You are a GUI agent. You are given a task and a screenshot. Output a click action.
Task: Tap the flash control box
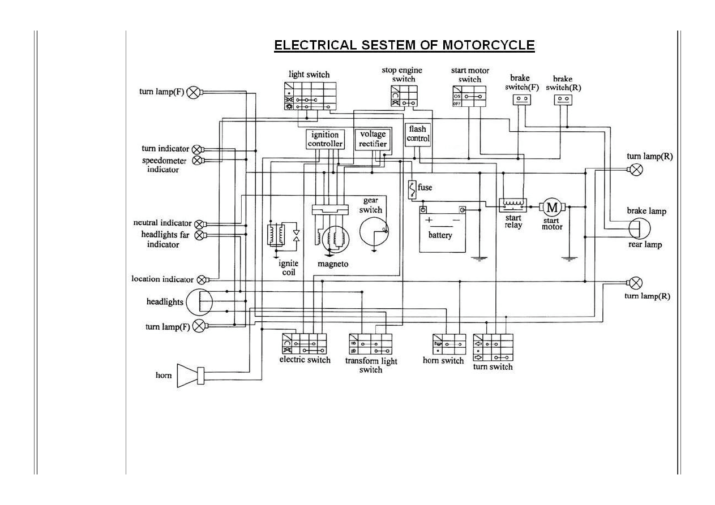(418, 134)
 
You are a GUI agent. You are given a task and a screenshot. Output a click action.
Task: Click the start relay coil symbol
(513, 204)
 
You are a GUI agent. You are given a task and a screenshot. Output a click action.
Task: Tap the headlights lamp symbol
(199, 302)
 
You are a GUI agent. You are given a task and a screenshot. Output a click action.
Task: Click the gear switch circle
(374, 231)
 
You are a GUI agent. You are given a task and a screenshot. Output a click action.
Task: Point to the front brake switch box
(523, 100)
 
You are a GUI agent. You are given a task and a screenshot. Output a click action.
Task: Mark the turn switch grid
(493, 348)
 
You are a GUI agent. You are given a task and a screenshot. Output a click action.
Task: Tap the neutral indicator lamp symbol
(199, 224)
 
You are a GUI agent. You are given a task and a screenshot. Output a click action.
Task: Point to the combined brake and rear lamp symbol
(640, 228)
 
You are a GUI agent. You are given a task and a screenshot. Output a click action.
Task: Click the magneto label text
(333, 264)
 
